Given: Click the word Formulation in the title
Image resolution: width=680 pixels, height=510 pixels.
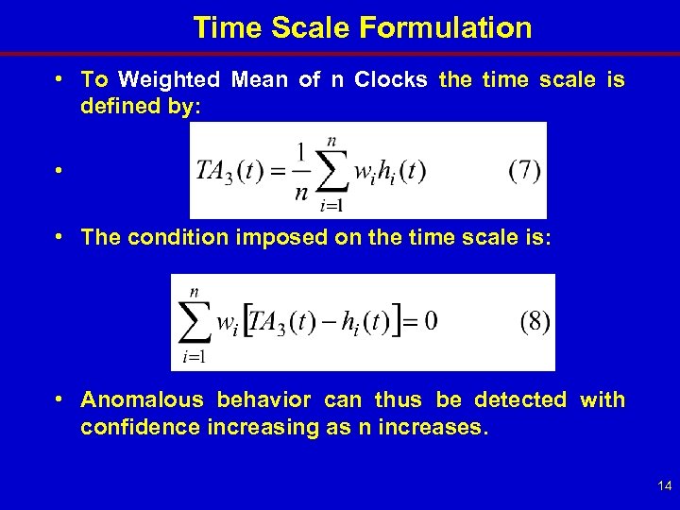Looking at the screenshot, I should (x=446, y=27).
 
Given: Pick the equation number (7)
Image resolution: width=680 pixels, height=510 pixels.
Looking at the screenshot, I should (x=524, y=171).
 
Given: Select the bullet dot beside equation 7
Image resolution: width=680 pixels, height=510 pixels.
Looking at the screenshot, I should (x=59, y=172).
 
